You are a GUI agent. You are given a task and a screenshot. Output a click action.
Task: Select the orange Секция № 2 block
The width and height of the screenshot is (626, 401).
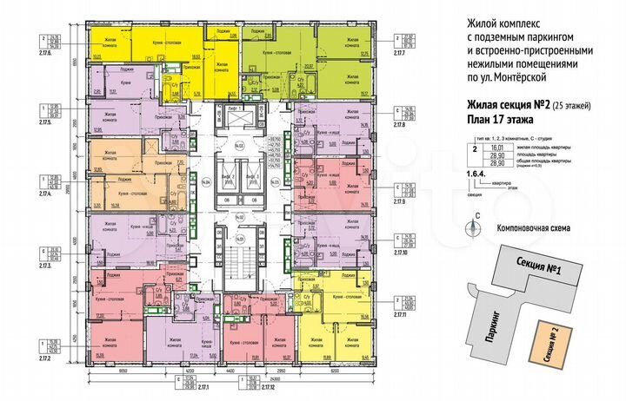tap(545, 345)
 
